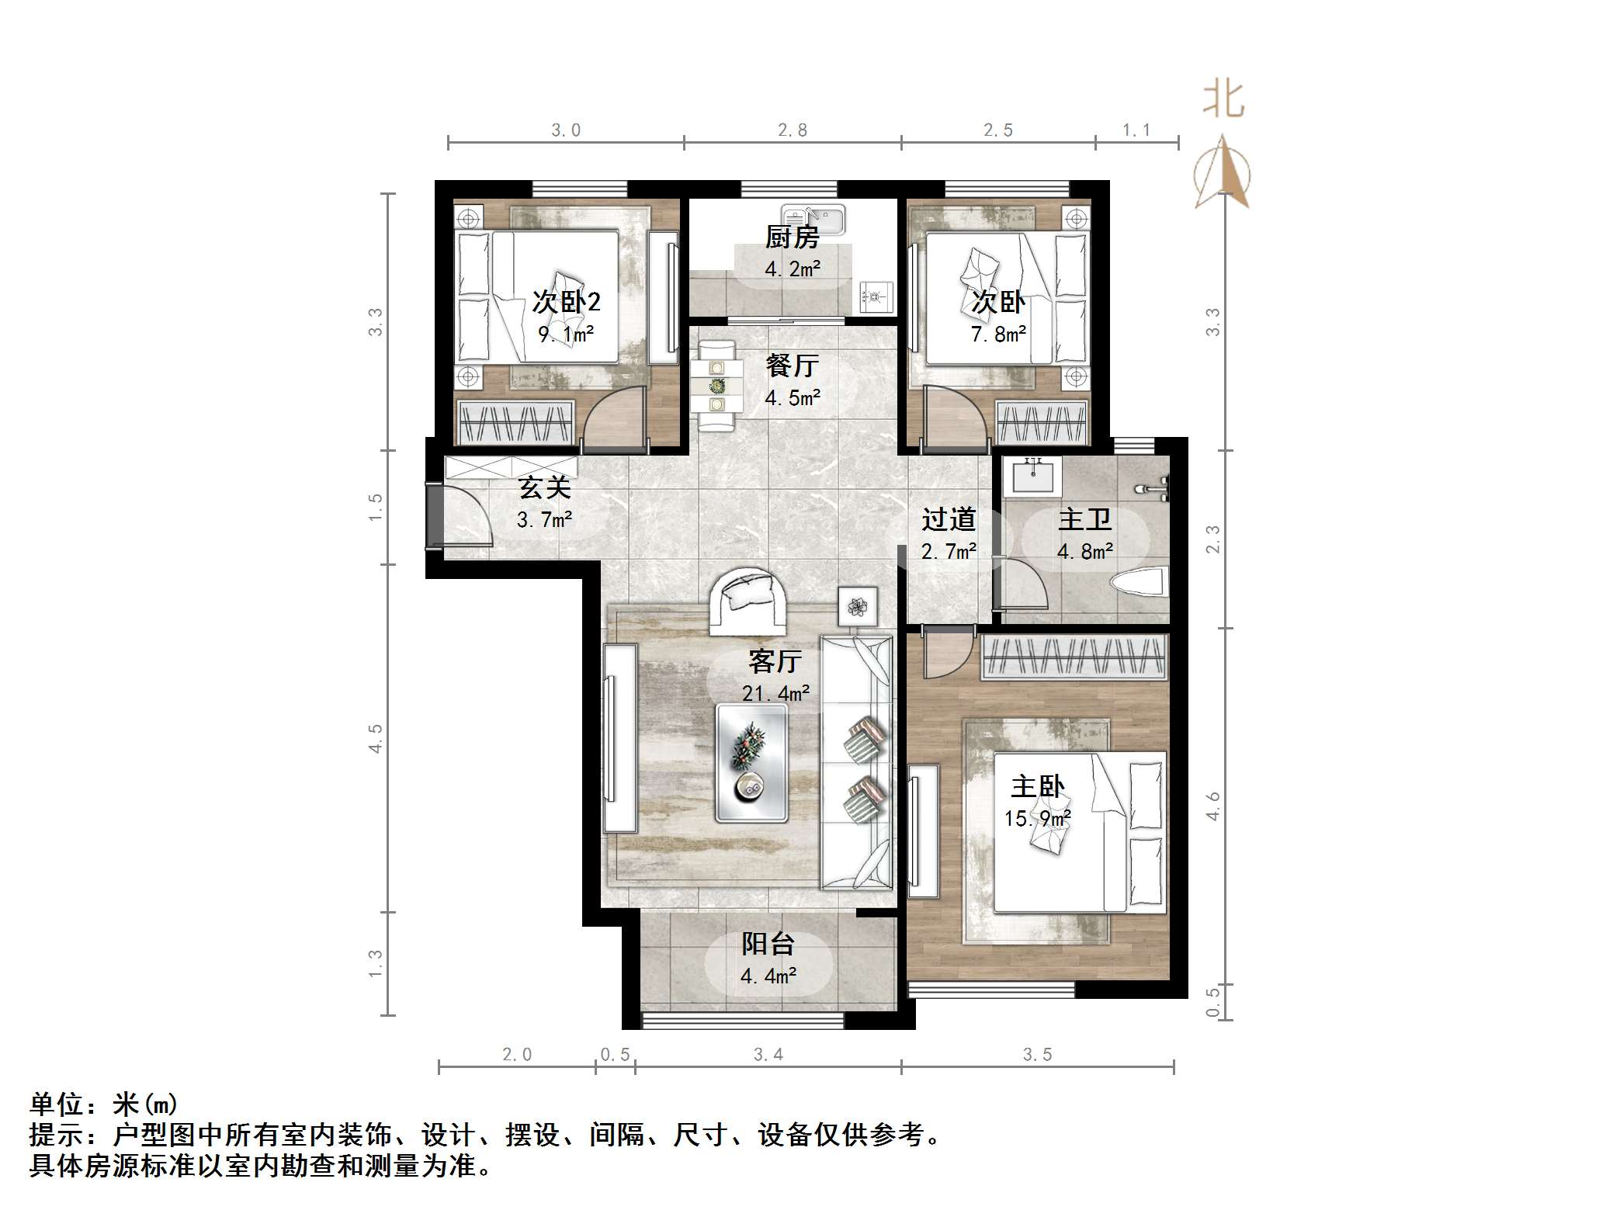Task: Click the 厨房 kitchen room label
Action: pyautogui.click(x=793, y=237)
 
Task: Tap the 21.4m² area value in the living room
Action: pyautogui.click(x=775, y=693)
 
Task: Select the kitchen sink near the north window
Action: pyautogui.click(x=813, y=220)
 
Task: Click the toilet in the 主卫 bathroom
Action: pyautogui.click(x=1140, y=582)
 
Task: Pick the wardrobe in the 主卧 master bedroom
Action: pyautogui.click(x=1076, y=657)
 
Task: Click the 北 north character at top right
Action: pyautogui.click(x=1224, y=101)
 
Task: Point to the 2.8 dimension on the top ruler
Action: pyautogui.click(x=793, y=130)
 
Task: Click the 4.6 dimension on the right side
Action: pyautogui.click(x=1212, y=806)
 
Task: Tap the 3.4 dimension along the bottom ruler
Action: pyautogui.click(x=768, y=1054)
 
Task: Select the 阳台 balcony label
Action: pyautogui.click(x=768, y=944)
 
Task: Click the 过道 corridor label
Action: pyautogui.click(x=949, y=519)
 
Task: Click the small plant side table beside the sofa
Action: pyautogui.click(x=858, y=606)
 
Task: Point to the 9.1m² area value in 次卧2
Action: pyautogui.click(x=567, y=335)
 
